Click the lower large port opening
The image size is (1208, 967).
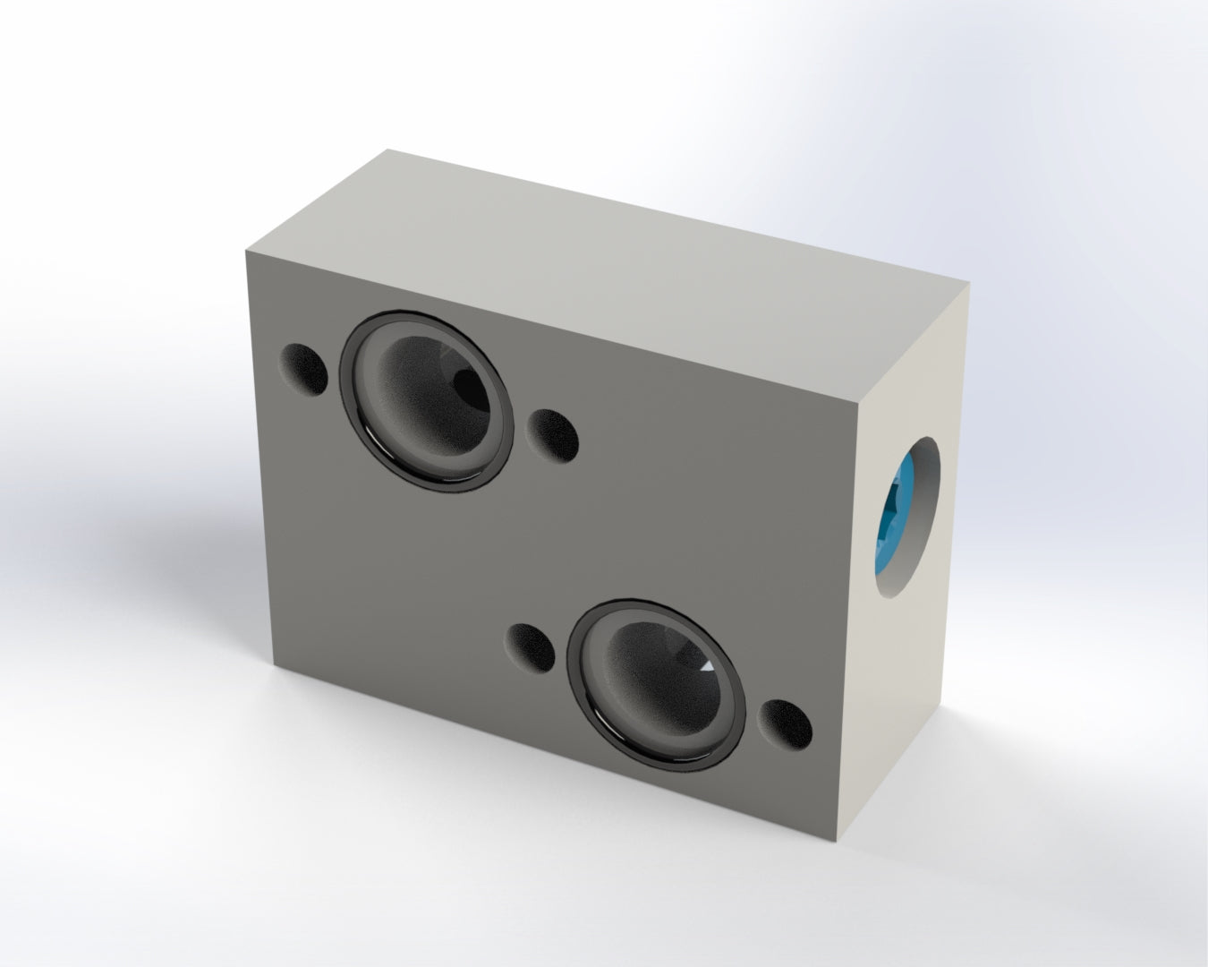(x=656, y=684)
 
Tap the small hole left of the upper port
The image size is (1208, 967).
(x=305, y=369)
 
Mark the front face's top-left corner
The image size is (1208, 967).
(x=246, y=252)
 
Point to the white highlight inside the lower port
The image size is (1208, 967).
(x=706, y=666)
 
